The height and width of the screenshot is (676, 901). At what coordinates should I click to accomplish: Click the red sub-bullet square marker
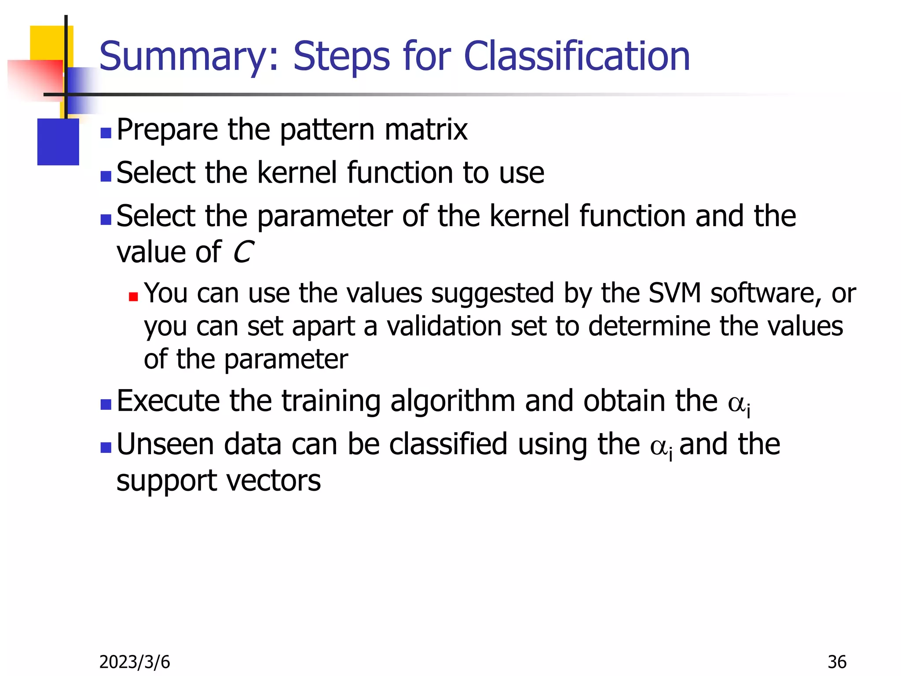133,297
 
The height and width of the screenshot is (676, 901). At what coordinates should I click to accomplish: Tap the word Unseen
165,444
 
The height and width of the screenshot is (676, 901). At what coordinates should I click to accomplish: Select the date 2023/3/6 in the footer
135,662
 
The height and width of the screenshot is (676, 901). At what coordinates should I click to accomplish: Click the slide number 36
837,662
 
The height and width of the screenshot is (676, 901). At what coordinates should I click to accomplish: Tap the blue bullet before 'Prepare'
106,133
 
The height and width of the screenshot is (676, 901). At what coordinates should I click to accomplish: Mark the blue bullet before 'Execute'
106,404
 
